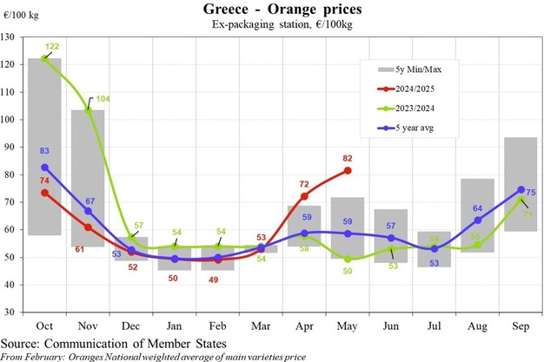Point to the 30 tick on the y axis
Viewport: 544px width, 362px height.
click(12, 312)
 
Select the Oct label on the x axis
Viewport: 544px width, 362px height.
click(44, 325)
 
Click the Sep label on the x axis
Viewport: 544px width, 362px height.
click(521, 325)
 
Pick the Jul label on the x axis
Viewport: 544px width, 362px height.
click(434, 325)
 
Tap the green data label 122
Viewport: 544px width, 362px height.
click(53, 46)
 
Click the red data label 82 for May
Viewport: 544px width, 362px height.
click(347, 159)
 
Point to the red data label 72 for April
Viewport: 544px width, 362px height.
click(304, 185)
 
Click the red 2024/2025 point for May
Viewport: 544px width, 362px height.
click(348, 170)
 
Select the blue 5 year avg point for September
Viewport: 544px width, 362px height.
click(521, 189)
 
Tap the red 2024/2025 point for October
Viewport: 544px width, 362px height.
click(44, 192)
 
